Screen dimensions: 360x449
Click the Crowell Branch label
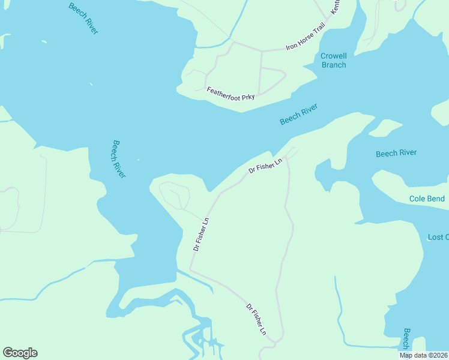pos(334,60)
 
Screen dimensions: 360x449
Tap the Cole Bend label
pos(427,199)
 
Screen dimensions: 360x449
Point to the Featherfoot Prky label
pos(231,94)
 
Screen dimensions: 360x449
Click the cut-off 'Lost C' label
pos(438,237)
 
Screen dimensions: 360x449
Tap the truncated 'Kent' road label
pos(336,8)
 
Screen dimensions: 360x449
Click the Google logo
pos(20,353)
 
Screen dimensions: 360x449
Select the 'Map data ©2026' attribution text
pos(424,355)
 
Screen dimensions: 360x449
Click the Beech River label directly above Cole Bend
pos(396,153)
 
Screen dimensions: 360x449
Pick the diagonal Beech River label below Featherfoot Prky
pos(298,114)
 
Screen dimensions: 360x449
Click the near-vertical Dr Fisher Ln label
pos(201,233)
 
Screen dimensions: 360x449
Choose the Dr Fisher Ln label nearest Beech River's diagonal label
pos(265,166)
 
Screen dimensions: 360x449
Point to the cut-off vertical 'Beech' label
pos(406,340)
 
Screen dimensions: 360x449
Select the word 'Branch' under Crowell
pos(334,65)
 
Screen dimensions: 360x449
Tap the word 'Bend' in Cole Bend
pos(436,199)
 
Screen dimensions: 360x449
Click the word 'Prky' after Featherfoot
pos(247,97)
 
